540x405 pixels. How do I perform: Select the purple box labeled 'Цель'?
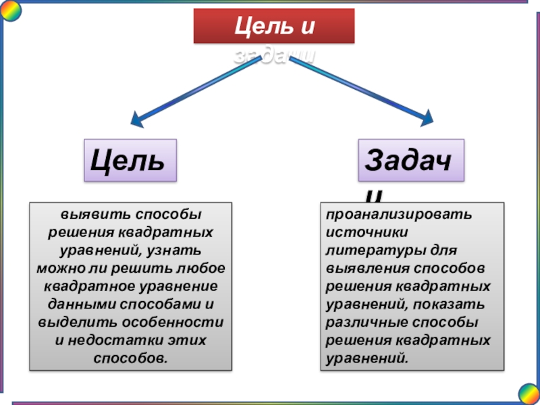click(x=130, y=161)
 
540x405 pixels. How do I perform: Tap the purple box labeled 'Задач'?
click(x=411, y=161)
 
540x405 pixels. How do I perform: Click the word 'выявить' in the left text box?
click(x=86, y=215)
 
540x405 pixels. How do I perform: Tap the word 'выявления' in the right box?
click(x=362, y=268)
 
